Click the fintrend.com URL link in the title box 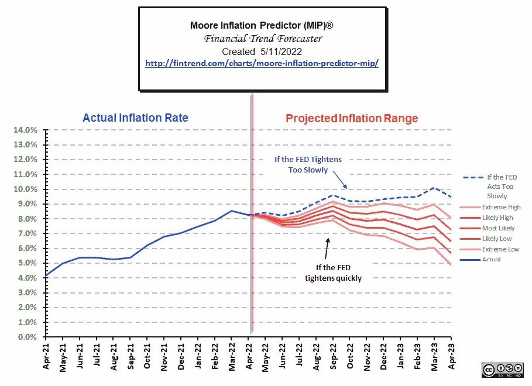point(262,63)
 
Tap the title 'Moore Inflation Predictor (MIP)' point(262,25)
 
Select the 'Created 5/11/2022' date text point(262,51)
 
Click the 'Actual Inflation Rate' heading point(135,118)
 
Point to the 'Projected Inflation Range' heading point(352,119)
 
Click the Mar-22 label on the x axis point(232,356)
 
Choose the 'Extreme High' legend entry point(501,207)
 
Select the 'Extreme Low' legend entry point(501,249)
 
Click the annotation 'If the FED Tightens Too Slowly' point(308,164)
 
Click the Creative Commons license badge point(502,370)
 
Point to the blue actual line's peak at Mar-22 point(232,211)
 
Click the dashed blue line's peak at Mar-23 point(434,188)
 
